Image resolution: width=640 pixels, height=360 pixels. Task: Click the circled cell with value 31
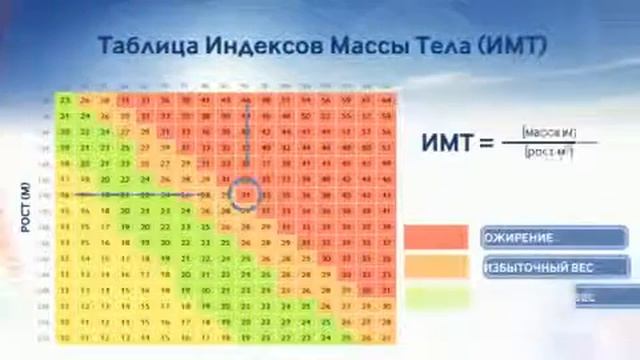(246, 193)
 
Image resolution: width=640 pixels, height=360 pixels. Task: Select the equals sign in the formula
(487, 144)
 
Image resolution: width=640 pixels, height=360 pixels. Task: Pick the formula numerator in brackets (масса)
(548, 132)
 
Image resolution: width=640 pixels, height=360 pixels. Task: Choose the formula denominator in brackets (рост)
(548, 153)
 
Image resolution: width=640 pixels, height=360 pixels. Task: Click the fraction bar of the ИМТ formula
(548, 142)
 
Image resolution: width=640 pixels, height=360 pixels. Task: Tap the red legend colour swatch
(435, 238)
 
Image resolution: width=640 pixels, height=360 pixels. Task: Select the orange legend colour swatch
(435, 267)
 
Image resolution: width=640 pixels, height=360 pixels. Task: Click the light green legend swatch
(435, 296)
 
